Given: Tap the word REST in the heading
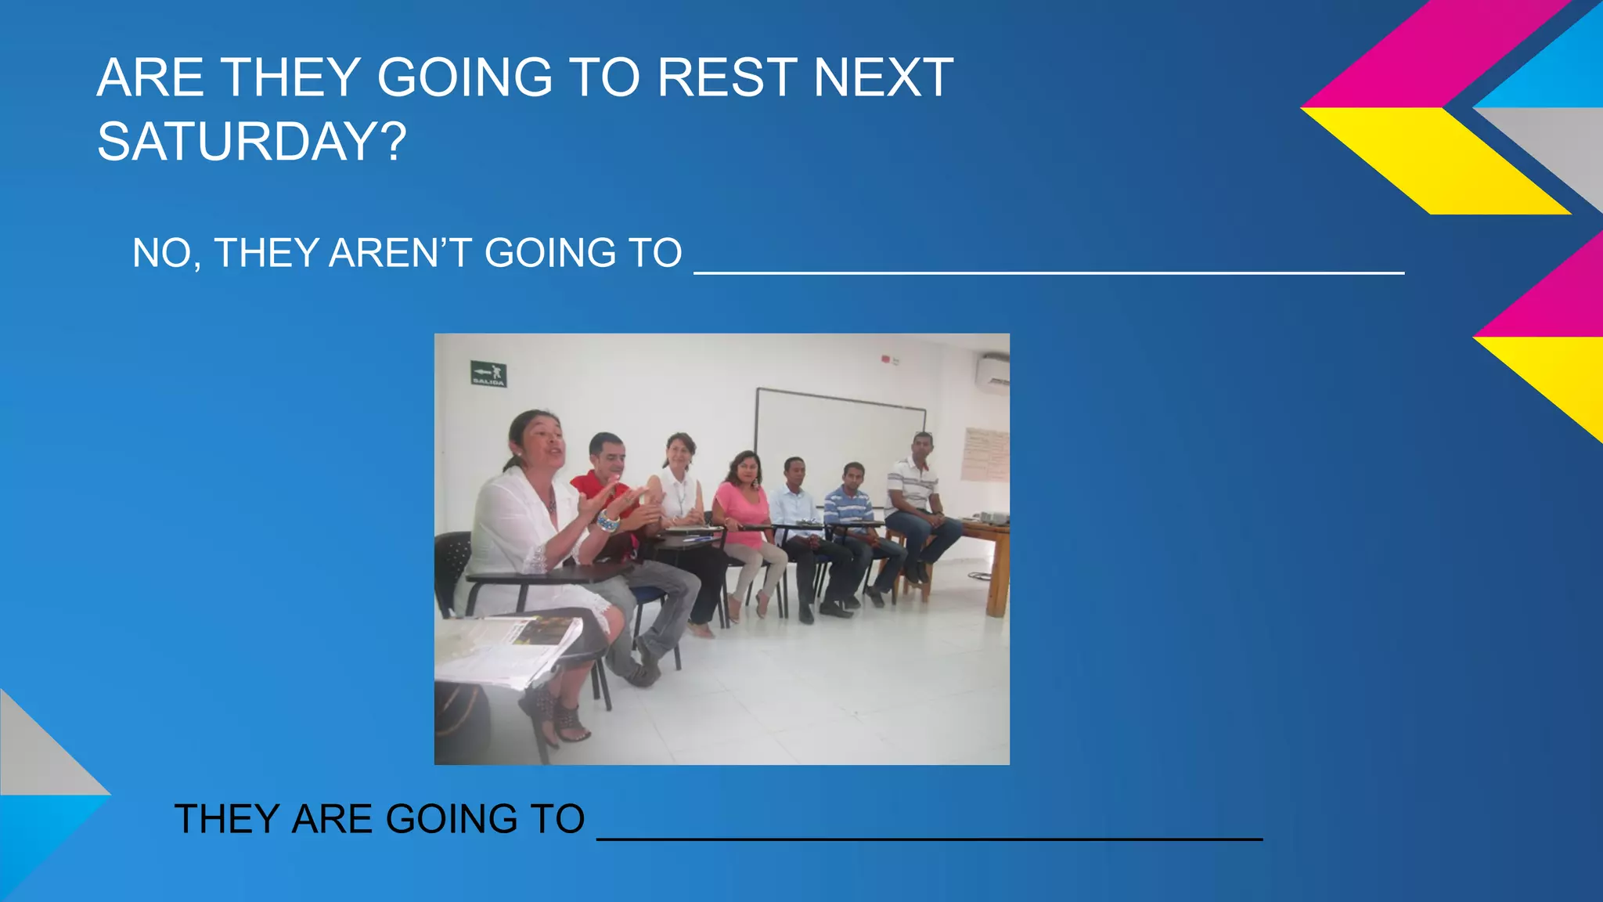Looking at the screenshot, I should [726, 78].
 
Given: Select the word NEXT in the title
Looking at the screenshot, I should [883, 78].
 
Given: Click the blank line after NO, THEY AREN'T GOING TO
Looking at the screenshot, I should [1049, 271].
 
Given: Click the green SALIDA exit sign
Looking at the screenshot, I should [488, 373].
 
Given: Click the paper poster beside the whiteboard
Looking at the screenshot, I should [984, 454].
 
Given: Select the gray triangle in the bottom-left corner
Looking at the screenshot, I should [39, 752].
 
